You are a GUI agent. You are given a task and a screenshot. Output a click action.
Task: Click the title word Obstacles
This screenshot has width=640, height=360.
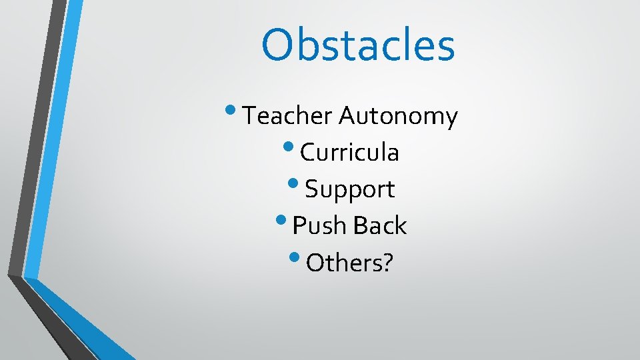(x=358, y=45)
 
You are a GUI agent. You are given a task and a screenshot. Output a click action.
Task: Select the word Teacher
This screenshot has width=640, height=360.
(x=287, y=117)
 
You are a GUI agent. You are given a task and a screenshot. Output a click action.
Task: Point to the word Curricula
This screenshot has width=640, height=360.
(x=349, y=153)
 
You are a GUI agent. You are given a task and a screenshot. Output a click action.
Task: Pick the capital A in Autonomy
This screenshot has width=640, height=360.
(x=349, y=117)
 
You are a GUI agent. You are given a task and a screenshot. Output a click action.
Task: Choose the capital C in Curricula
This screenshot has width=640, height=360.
(x=308, y=153)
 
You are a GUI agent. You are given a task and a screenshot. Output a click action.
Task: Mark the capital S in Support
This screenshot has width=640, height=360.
(x=312, y=190)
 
